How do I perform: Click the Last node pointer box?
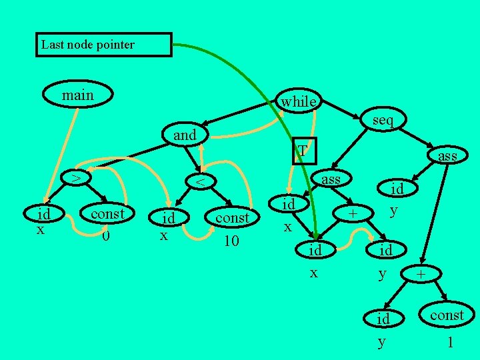[103, 45]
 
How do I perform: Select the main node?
[78, 95]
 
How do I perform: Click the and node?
[185, 135]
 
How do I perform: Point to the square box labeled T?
[303, 151]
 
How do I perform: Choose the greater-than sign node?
[77, 178]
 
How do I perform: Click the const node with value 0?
[107, 214]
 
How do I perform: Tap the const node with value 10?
[232, 218]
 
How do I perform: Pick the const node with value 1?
[447, 315]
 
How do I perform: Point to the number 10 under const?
[231, 240]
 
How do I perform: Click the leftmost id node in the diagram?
[44, 215]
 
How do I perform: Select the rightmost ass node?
[447, 155]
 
